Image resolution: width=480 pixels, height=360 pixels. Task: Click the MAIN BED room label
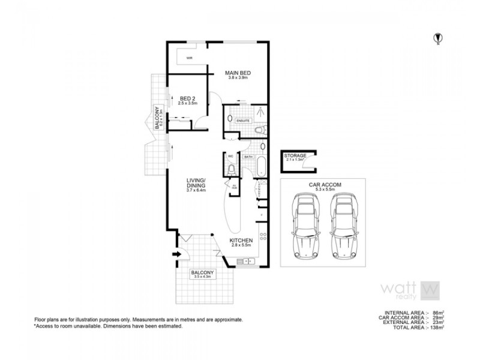(238, 73)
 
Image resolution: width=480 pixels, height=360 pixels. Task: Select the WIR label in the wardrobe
(189, 58)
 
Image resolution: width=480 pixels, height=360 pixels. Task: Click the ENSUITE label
(242, 121)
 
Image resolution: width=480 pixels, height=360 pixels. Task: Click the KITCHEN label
(241, 241)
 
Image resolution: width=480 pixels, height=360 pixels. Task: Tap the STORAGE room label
(295, 157)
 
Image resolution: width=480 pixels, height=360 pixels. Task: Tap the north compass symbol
(437, 39)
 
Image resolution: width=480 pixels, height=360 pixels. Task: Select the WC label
(230, 157)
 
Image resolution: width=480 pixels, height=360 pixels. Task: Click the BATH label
(248, 157)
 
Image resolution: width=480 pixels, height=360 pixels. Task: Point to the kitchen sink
(244, 261)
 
